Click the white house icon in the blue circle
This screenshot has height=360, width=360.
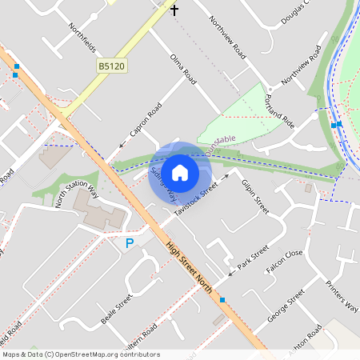tap(180, 172)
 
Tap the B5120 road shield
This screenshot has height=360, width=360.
tap(112, 66)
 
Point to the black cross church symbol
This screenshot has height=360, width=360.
tap(174, 10)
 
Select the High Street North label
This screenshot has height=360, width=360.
tap(190, 267)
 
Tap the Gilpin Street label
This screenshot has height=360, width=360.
tap(255, 194)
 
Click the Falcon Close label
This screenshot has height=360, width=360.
tap(285, 263)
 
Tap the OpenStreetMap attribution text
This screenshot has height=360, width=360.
tap(81, 354)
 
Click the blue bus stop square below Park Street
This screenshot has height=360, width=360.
tap(222, 300)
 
